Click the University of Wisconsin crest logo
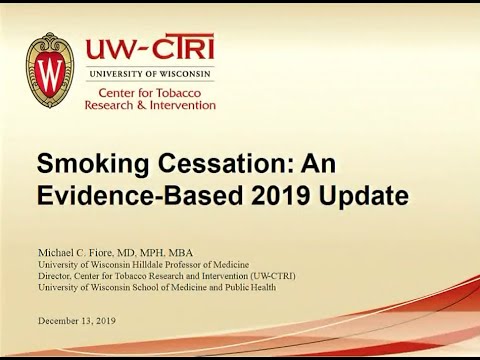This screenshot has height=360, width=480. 49,71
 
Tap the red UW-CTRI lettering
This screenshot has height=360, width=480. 150,49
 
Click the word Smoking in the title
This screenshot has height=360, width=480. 92,163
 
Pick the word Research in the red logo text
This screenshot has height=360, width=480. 111,105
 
